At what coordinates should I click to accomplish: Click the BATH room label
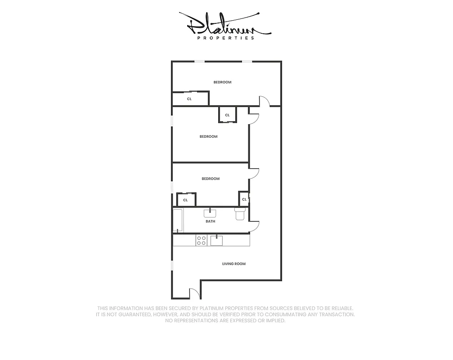click(x=210, y=221)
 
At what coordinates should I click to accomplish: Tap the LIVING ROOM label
click(x=234, y=264)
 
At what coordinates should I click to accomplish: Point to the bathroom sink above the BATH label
click(x=210, y=212)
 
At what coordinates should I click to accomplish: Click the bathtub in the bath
click(x=178, y=220)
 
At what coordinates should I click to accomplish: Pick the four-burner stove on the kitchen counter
click(x=201, y=240)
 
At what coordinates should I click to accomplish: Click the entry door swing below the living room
click(x=194, y=293)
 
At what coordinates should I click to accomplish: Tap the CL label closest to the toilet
click(x=244, y=199)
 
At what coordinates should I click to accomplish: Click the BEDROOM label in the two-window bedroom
click(x=222, y=82)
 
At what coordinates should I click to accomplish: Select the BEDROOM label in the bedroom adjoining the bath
click(x=211, y=179)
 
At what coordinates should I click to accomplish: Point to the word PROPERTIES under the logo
click(x=226, y=38)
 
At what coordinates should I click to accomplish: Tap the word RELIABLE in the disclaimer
click(x=341, y=308)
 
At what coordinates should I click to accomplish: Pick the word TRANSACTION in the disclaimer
click(x=335, y=315)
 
